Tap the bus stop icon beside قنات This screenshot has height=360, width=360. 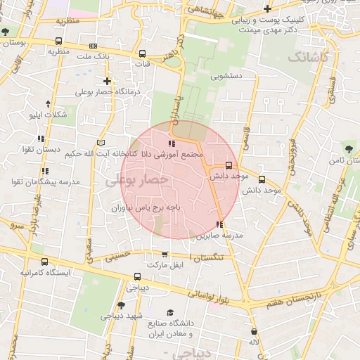[x=143, y=53]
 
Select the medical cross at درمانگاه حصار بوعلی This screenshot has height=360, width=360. [x=107, y=81]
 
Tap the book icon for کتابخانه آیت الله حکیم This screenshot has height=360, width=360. [x=102, y=143]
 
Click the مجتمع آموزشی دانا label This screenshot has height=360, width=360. [x=172, y=153]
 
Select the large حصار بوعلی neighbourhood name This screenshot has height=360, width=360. [x=138, y=180]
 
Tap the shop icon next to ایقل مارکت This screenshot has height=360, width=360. [x=165, y=255]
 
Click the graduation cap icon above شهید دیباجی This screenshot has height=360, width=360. [x=122, y=305]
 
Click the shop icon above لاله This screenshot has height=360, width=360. [x=254, y=331]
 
